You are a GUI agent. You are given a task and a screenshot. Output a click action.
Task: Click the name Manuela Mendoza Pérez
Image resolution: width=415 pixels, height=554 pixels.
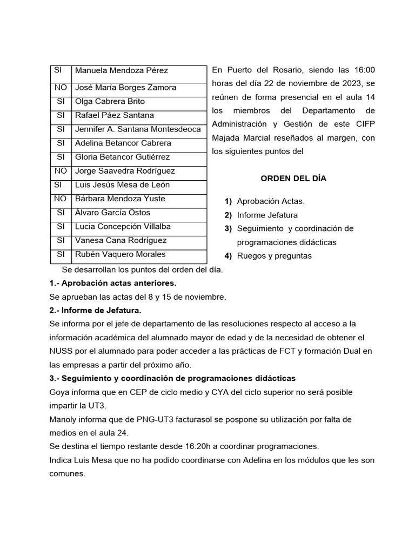[121, 70]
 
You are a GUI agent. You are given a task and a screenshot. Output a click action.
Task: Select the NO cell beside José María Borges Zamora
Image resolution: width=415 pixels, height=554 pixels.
[60, 87]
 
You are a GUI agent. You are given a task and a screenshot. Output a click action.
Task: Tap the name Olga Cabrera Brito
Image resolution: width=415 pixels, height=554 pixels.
[110, 101]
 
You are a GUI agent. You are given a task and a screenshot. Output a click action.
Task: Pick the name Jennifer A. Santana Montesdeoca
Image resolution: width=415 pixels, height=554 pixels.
[138, 129]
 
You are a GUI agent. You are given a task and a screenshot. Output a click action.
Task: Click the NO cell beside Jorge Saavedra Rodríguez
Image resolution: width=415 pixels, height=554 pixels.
[60, 171]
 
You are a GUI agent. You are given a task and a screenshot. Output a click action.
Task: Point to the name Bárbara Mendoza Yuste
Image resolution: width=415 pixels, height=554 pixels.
[120, 199]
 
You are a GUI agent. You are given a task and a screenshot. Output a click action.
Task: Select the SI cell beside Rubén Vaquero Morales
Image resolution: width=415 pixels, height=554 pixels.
[60, 254]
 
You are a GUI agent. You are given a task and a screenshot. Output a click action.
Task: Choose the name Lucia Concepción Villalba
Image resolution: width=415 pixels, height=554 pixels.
[123, 226]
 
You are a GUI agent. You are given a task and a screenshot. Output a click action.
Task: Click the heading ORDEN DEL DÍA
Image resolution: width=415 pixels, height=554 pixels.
[293, 178]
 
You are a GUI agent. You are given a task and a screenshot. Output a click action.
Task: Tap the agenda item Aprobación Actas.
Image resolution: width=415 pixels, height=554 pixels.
[271, 201]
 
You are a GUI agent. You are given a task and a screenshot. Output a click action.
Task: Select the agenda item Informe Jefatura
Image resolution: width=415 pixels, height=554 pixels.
[267, 215]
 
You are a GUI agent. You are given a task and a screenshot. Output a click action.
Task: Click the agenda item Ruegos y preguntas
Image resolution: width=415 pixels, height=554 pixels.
[274, 256]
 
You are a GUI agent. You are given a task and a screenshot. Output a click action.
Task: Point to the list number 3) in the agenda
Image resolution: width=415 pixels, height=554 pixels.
[228, 228]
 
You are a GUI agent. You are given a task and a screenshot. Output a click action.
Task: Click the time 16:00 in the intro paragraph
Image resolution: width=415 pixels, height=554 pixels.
[364, 70]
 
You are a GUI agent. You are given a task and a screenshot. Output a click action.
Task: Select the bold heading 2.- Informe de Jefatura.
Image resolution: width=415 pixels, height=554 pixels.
[95, 311]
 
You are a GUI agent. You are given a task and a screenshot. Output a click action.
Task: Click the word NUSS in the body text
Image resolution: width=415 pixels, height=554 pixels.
[61, 351]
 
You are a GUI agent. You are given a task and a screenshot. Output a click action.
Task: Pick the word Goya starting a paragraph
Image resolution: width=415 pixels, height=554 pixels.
[59, 392]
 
